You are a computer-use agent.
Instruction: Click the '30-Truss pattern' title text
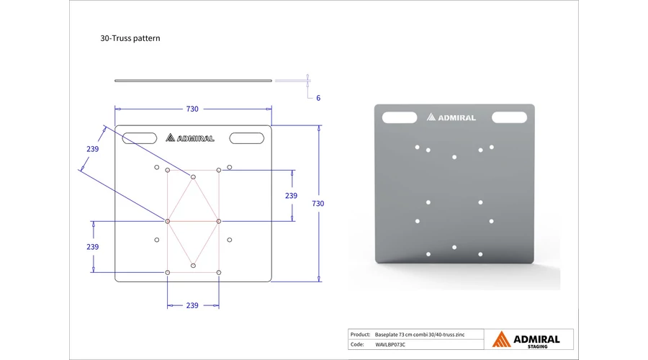(130, 38)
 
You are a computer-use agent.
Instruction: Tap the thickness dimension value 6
(318, 98)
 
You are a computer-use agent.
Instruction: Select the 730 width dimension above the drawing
(192, 109)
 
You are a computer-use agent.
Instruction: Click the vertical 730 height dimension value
(318, 203)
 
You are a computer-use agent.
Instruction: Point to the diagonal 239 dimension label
(93, 149)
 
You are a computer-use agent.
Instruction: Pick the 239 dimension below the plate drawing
(192, 305)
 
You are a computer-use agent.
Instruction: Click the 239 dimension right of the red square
(291, 196)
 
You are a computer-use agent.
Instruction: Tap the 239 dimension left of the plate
(93, 247)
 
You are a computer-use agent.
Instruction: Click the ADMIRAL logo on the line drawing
(190, 138)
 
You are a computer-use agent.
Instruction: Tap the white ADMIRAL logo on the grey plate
(451, 117)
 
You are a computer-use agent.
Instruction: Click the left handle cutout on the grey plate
(400, 117)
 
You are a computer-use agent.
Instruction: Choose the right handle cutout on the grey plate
(510, 117)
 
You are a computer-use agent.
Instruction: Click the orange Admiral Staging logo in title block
(526, 339)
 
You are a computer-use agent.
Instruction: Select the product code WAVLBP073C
(390, 344)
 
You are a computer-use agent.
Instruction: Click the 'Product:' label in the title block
(360, 334)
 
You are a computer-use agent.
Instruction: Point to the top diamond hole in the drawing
(193, 177)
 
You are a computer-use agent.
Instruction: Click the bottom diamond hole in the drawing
(193, 266)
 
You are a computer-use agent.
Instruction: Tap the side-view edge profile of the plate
(194, 81)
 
